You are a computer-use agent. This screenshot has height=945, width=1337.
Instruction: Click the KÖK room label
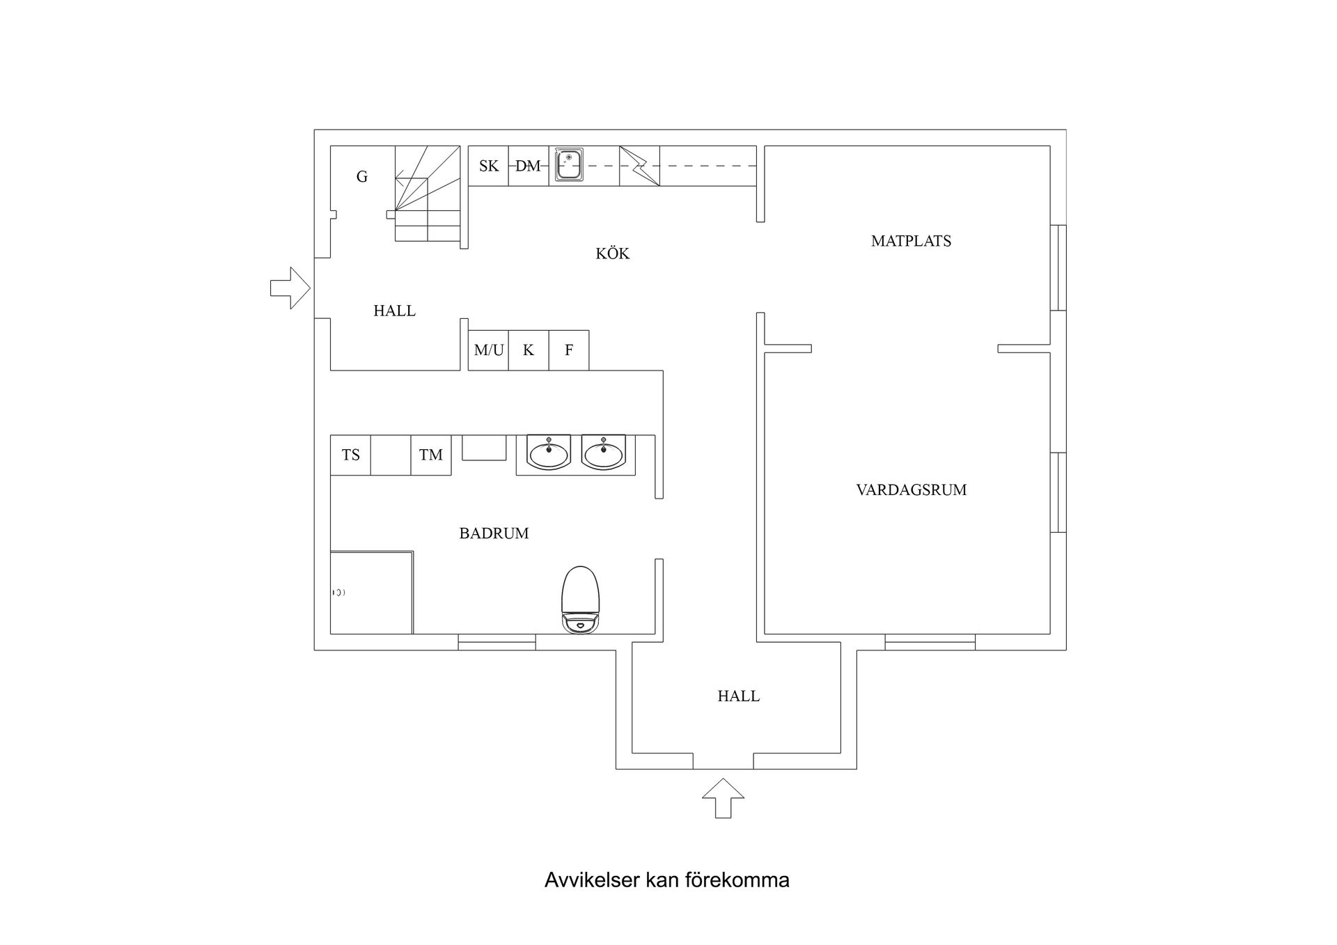[x=612, y=253]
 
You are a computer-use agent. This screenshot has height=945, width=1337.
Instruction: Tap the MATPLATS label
[x=910, y=241]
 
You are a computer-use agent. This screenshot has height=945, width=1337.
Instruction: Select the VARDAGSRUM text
[x=911, y=490]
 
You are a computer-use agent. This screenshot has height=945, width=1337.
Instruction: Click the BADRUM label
[x=494, y=533]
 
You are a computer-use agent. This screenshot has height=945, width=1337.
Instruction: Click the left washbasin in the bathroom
[x=549, y=453]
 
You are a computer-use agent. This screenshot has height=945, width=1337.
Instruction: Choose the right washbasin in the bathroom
[x=604, y=453]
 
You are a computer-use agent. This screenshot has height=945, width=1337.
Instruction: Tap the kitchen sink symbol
[x=569, y=166]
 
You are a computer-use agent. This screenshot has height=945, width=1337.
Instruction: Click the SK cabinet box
[x=488, y=166]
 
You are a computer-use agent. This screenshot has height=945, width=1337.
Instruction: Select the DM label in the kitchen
[x=528, y=166]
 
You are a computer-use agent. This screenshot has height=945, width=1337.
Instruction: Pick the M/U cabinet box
[x=488, y=350]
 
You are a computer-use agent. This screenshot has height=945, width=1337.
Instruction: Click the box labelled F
[x=569, y=350]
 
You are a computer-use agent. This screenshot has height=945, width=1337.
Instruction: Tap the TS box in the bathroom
[x=350, y=455]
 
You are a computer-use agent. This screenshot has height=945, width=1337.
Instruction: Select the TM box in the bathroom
[x=431, y=455]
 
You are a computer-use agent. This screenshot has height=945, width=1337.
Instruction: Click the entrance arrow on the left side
[x=290, y=288]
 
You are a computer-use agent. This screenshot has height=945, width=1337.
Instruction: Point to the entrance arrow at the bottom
[x=723, y=798]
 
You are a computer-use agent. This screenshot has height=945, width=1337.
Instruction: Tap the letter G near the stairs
[x=362, y=177]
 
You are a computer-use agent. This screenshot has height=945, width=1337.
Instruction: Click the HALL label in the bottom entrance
[x=738, y=696]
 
